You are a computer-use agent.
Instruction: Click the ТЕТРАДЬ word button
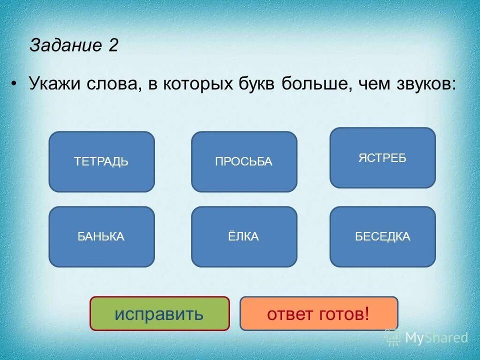(x=101, y=161)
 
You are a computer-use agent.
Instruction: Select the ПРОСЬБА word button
(x=244, y=161)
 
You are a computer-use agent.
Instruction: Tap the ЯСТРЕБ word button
(x=382, y=158)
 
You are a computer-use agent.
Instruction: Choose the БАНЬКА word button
(x=101, y=236)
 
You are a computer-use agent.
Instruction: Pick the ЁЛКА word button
(x=244, y=236)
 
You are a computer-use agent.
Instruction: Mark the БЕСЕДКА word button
(x=382, y=236)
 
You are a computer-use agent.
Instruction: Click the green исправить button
(x=159, y=313)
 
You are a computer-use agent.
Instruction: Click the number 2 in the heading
(x=112, y=45)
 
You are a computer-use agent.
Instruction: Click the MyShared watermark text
(x=436, y=337)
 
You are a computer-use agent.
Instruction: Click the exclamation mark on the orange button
(x=366, y=313)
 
